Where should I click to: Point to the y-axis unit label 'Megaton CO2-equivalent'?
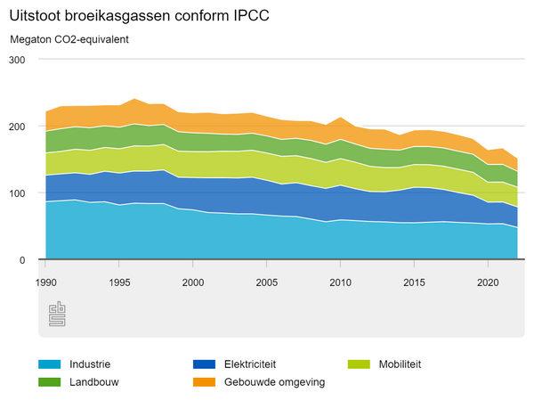(x=69, y=40)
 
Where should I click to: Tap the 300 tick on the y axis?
(x=18, y=60)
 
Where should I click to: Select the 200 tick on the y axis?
(x=18, y=127)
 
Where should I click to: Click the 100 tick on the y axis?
(x=18, y=193)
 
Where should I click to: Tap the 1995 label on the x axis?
(x=118, y=282)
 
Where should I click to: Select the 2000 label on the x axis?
(x=192, y=282)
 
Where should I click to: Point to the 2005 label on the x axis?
(x=266, y=282)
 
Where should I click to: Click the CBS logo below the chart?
(x=57, y=315)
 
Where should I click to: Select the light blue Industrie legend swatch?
(x=50, y=364)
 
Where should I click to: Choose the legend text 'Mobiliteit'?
(x=400, y=364)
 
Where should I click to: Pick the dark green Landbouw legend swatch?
(x=50, y=382)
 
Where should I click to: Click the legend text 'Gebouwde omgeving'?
(x=275, y=382)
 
